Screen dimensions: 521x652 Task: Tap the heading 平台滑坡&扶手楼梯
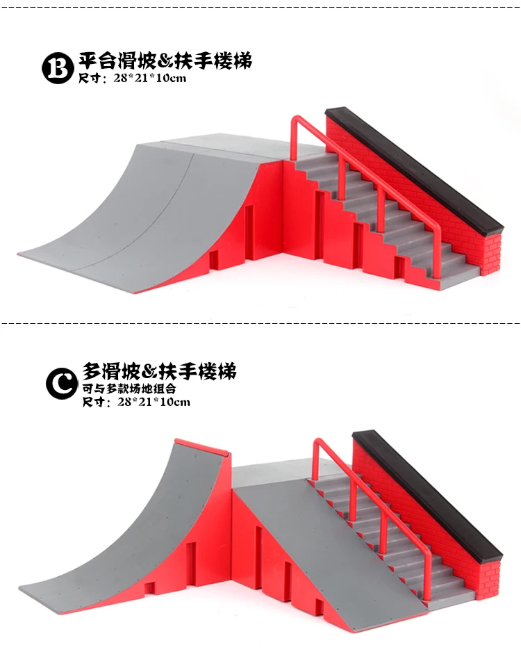pos(165,60)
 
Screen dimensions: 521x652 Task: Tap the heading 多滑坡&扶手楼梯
pos(159,371)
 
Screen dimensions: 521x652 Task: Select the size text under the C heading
pos(136,402)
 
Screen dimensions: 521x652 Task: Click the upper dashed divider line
pos(260,6)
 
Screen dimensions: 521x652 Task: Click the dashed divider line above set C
pos(260,323)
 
